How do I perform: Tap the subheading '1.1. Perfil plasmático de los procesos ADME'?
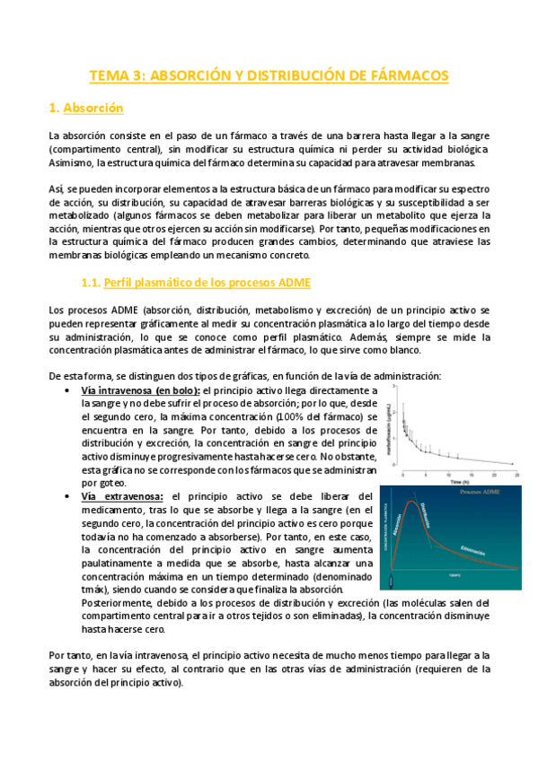point(195,284)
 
